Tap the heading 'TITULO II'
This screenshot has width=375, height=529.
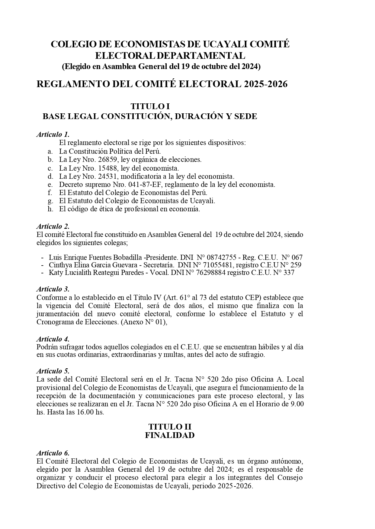point(170,427)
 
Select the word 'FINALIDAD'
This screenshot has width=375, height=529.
point(170,435)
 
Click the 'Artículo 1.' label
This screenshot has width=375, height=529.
point(53,134)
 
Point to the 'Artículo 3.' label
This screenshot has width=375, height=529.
point(53,289)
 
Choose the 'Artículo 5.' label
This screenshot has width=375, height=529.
point(53,371)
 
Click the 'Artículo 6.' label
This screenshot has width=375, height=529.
point(53,453)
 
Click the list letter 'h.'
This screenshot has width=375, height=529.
point(50,209)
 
